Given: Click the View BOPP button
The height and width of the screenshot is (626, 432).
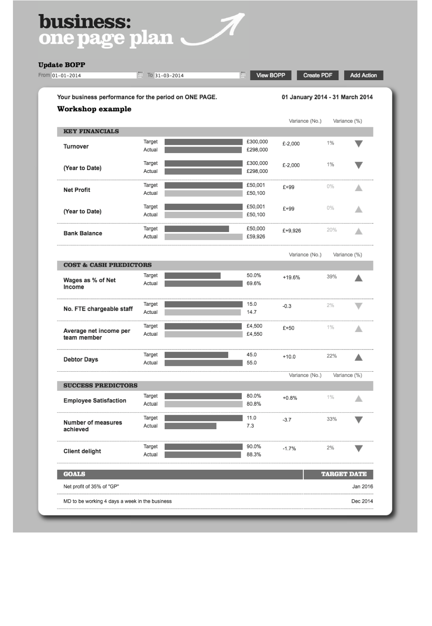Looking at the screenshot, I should click(x=271, y=75).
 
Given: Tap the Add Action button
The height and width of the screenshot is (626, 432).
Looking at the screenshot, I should click(x=363, y=75).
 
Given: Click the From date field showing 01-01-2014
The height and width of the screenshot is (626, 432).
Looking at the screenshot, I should click(x=94, y=75).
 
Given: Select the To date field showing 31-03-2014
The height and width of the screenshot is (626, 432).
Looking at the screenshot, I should click(x=197, y=75).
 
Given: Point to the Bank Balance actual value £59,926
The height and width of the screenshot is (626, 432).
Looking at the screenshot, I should click(x=256, y=236).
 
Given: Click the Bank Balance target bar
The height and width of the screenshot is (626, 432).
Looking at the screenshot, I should click(x=197, y=229).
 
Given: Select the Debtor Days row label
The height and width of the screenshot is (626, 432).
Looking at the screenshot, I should click(x=81, y=360).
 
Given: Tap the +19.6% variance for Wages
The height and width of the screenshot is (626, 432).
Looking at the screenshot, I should click(x=291, y=277).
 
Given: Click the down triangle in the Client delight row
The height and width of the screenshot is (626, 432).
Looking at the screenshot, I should click(x=358, y=449).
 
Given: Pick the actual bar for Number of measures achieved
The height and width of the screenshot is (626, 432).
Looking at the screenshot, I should click(x=191, y=426).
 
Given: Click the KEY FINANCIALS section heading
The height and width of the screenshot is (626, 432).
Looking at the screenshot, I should click(x=91, y=131).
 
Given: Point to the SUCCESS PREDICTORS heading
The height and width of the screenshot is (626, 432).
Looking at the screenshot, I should click(x=100, y=385).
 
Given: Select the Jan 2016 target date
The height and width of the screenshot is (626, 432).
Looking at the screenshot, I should click(x=362, y=487).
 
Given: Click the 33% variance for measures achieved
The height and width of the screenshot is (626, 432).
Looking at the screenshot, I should click(x=332, y=419).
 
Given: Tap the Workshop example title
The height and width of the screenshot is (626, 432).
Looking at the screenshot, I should click(x=94, y=109).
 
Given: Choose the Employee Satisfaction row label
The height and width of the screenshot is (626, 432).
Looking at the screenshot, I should click(x=95, y=400).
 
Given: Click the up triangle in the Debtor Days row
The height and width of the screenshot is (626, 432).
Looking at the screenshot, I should click(x=358, y=357).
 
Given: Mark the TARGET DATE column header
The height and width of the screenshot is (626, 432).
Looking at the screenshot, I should click(x=344, y=474).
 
